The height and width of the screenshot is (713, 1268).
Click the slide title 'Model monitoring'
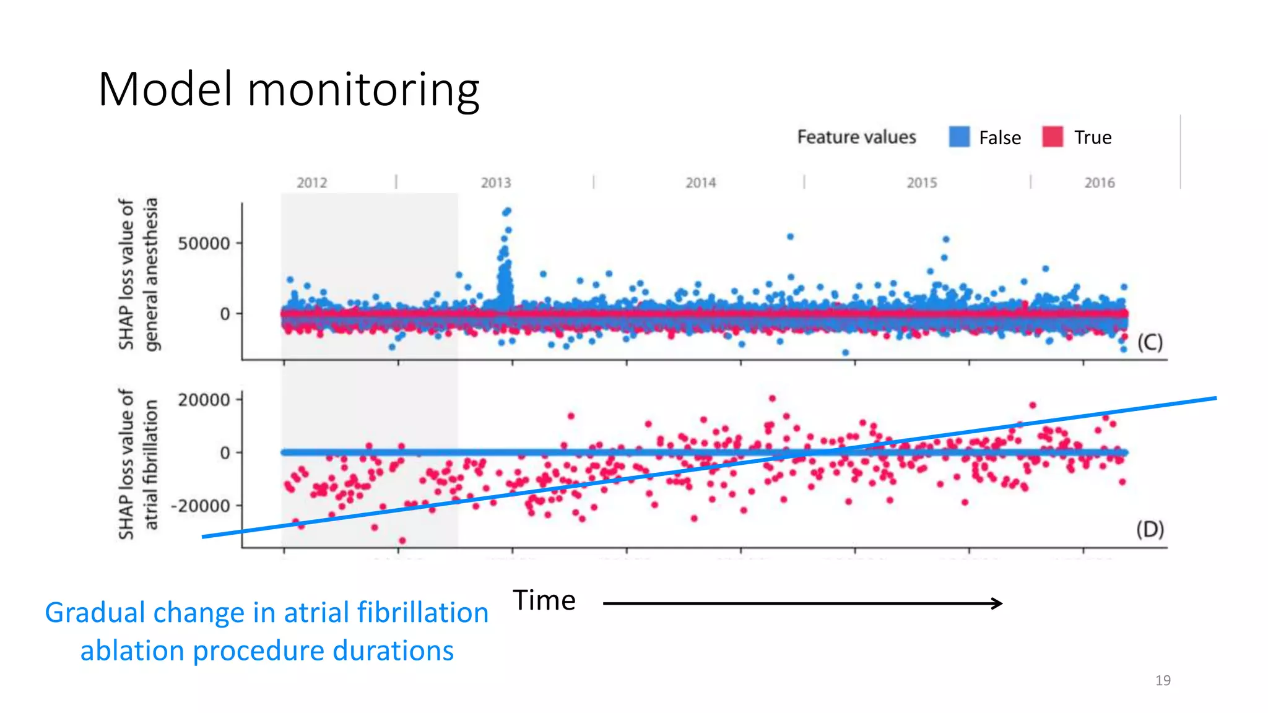pyautogui.click(x=289, y=89)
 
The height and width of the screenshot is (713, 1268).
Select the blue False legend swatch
pyautogui.click(x=959, y=137)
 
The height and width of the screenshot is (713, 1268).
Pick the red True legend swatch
pyautogui.click(x=1052, y=137)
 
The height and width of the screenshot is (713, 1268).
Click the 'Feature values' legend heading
pyautogui.click(x=856, y=137)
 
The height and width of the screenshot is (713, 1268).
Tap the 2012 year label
pyautogui.click(x=311, y=183)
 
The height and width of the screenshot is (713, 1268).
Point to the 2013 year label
pyautogui.click(x=496, y=183)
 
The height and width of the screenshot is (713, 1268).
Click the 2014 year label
pyautogui.click(x=700, y=183)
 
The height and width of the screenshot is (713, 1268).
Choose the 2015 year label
pyautogui.click(x=922, y=183)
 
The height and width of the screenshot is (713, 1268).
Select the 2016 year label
pyautogui.click(x=1099, y=183)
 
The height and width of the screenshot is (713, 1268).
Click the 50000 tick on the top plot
pyautogui.click(x=204, y=243)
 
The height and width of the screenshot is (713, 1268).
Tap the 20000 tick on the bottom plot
pyautogui.click(x=204, y=400)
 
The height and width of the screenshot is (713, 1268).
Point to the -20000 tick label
pyautogui.click(x=201, y=506)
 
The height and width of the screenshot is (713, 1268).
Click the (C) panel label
pyautogui.click(x=1150, y=342)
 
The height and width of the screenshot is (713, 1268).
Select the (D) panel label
pyautogui.click(x=1150, y=529)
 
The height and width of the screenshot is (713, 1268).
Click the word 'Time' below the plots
pyautogui.click(x=544, y=600)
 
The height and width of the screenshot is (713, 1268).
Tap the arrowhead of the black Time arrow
pyautogui.click(x=997, y=603)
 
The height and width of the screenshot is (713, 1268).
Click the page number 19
pyautogui.click(x=1163, y=680)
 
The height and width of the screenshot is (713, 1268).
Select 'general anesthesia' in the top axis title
pyautogui.click(x=151, y=274)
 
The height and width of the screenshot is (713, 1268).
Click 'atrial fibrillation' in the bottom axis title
pyautogui.click(x=151, y=465)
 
